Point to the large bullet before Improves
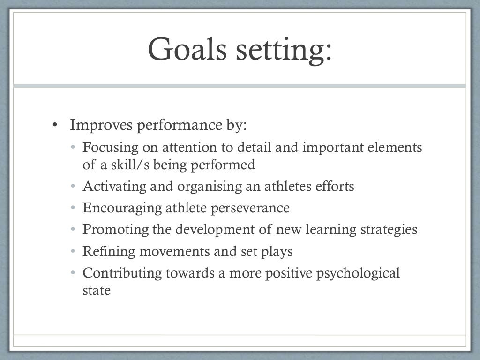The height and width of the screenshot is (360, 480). click(x=55, y=126)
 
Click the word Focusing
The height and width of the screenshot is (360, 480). click(x=111, y=148)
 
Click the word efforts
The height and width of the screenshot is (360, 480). click(x=334, y=186)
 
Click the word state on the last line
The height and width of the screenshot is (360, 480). click(x=97, y=290)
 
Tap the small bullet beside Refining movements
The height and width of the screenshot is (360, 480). click(x=73, y=252)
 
